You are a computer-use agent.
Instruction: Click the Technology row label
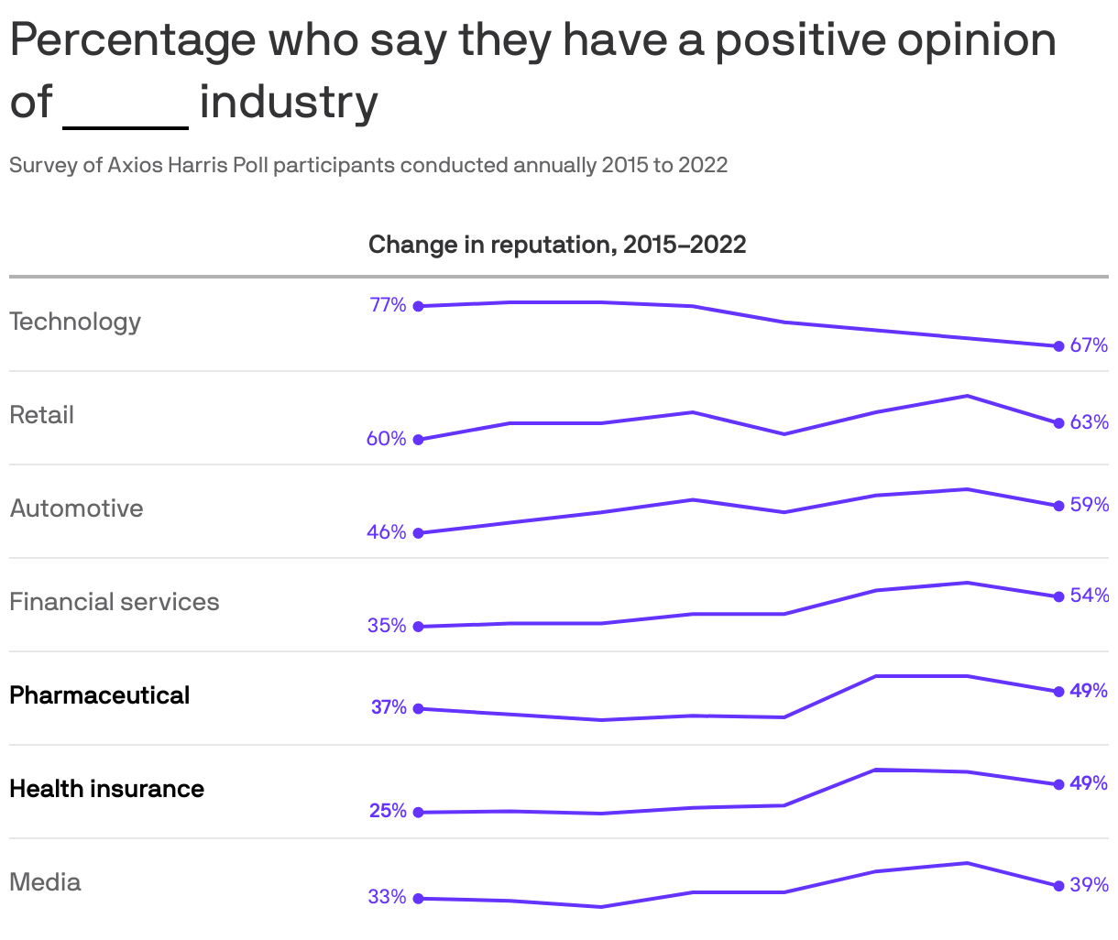[x=75, y=322]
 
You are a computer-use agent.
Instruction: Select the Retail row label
[x=41, y=415]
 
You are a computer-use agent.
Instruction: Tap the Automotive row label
[x=76, y=508]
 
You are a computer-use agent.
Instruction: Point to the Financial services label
[x=115, y=602]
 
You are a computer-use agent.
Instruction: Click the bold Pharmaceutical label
[x=99, y=695]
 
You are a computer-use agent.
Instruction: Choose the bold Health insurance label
[x=106, y=789]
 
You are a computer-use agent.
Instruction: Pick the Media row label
[x=45, y=882]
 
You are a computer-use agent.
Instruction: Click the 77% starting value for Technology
[x=388, y=305]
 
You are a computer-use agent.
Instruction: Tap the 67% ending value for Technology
[x=1089, y=345]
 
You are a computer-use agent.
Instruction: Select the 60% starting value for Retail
[x=386, y=439]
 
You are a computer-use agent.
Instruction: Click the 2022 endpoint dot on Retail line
[x=1058, y=423]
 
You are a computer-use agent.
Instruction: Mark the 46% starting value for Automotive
[x=386, y=532]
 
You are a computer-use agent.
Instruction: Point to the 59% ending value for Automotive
[x=1089, y=505]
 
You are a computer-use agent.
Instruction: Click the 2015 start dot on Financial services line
[x=419, y=627]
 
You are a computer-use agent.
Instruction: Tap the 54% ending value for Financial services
[x=1089, y=596]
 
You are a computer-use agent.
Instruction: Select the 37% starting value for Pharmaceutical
[x=389, y=707]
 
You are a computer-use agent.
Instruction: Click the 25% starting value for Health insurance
[x=388, y=811]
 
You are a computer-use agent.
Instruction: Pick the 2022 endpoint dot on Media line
[x=1058, y=886]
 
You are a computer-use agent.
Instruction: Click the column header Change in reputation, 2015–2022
[x=557, y=245]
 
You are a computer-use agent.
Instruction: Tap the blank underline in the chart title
[x=126, y=126]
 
